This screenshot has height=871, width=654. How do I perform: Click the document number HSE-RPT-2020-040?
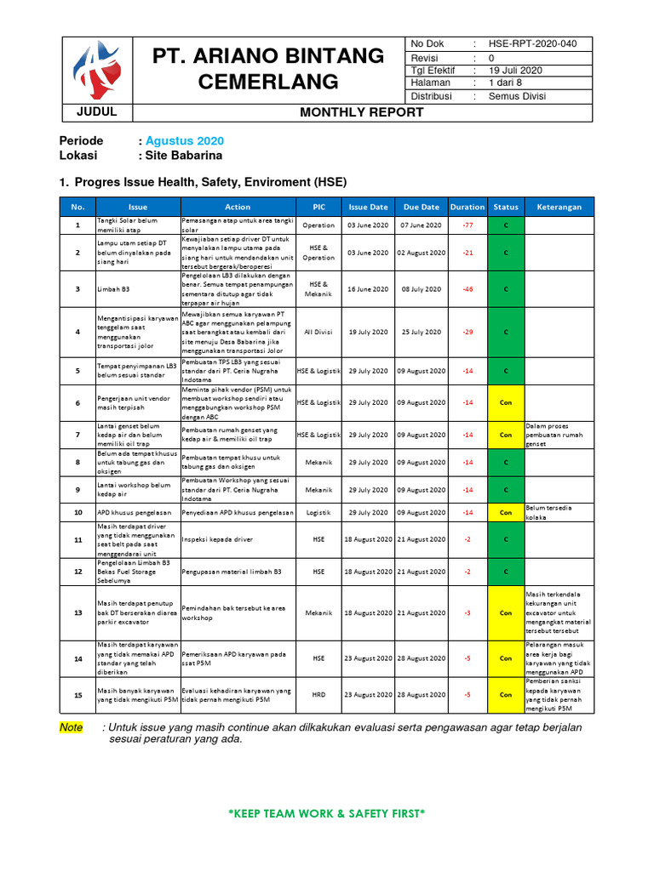[532, 44]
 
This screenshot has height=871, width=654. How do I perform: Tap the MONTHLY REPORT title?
[361, 112]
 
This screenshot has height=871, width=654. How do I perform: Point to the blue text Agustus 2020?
[185, 140]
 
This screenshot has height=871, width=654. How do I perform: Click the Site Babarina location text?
[183, 156]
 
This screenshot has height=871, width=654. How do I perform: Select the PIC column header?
[318, 207]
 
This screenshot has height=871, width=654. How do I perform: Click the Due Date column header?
[422, 207]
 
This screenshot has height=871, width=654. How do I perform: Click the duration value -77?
[468, 225]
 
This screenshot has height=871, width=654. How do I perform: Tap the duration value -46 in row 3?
[468, 289]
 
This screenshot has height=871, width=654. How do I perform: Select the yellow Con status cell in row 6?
[506, 402]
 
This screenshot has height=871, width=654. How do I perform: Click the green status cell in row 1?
[506, 225]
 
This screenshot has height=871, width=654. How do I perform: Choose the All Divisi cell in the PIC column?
[318, 331]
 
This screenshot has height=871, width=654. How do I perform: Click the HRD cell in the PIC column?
[318, 695]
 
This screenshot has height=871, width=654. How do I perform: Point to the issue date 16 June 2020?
[368, 289]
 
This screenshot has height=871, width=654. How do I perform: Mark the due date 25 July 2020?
[422, 331]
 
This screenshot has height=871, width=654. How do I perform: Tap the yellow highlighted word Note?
[72, 727]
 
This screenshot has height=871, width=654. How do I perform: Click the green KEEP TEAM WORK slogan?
[327, 814]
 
